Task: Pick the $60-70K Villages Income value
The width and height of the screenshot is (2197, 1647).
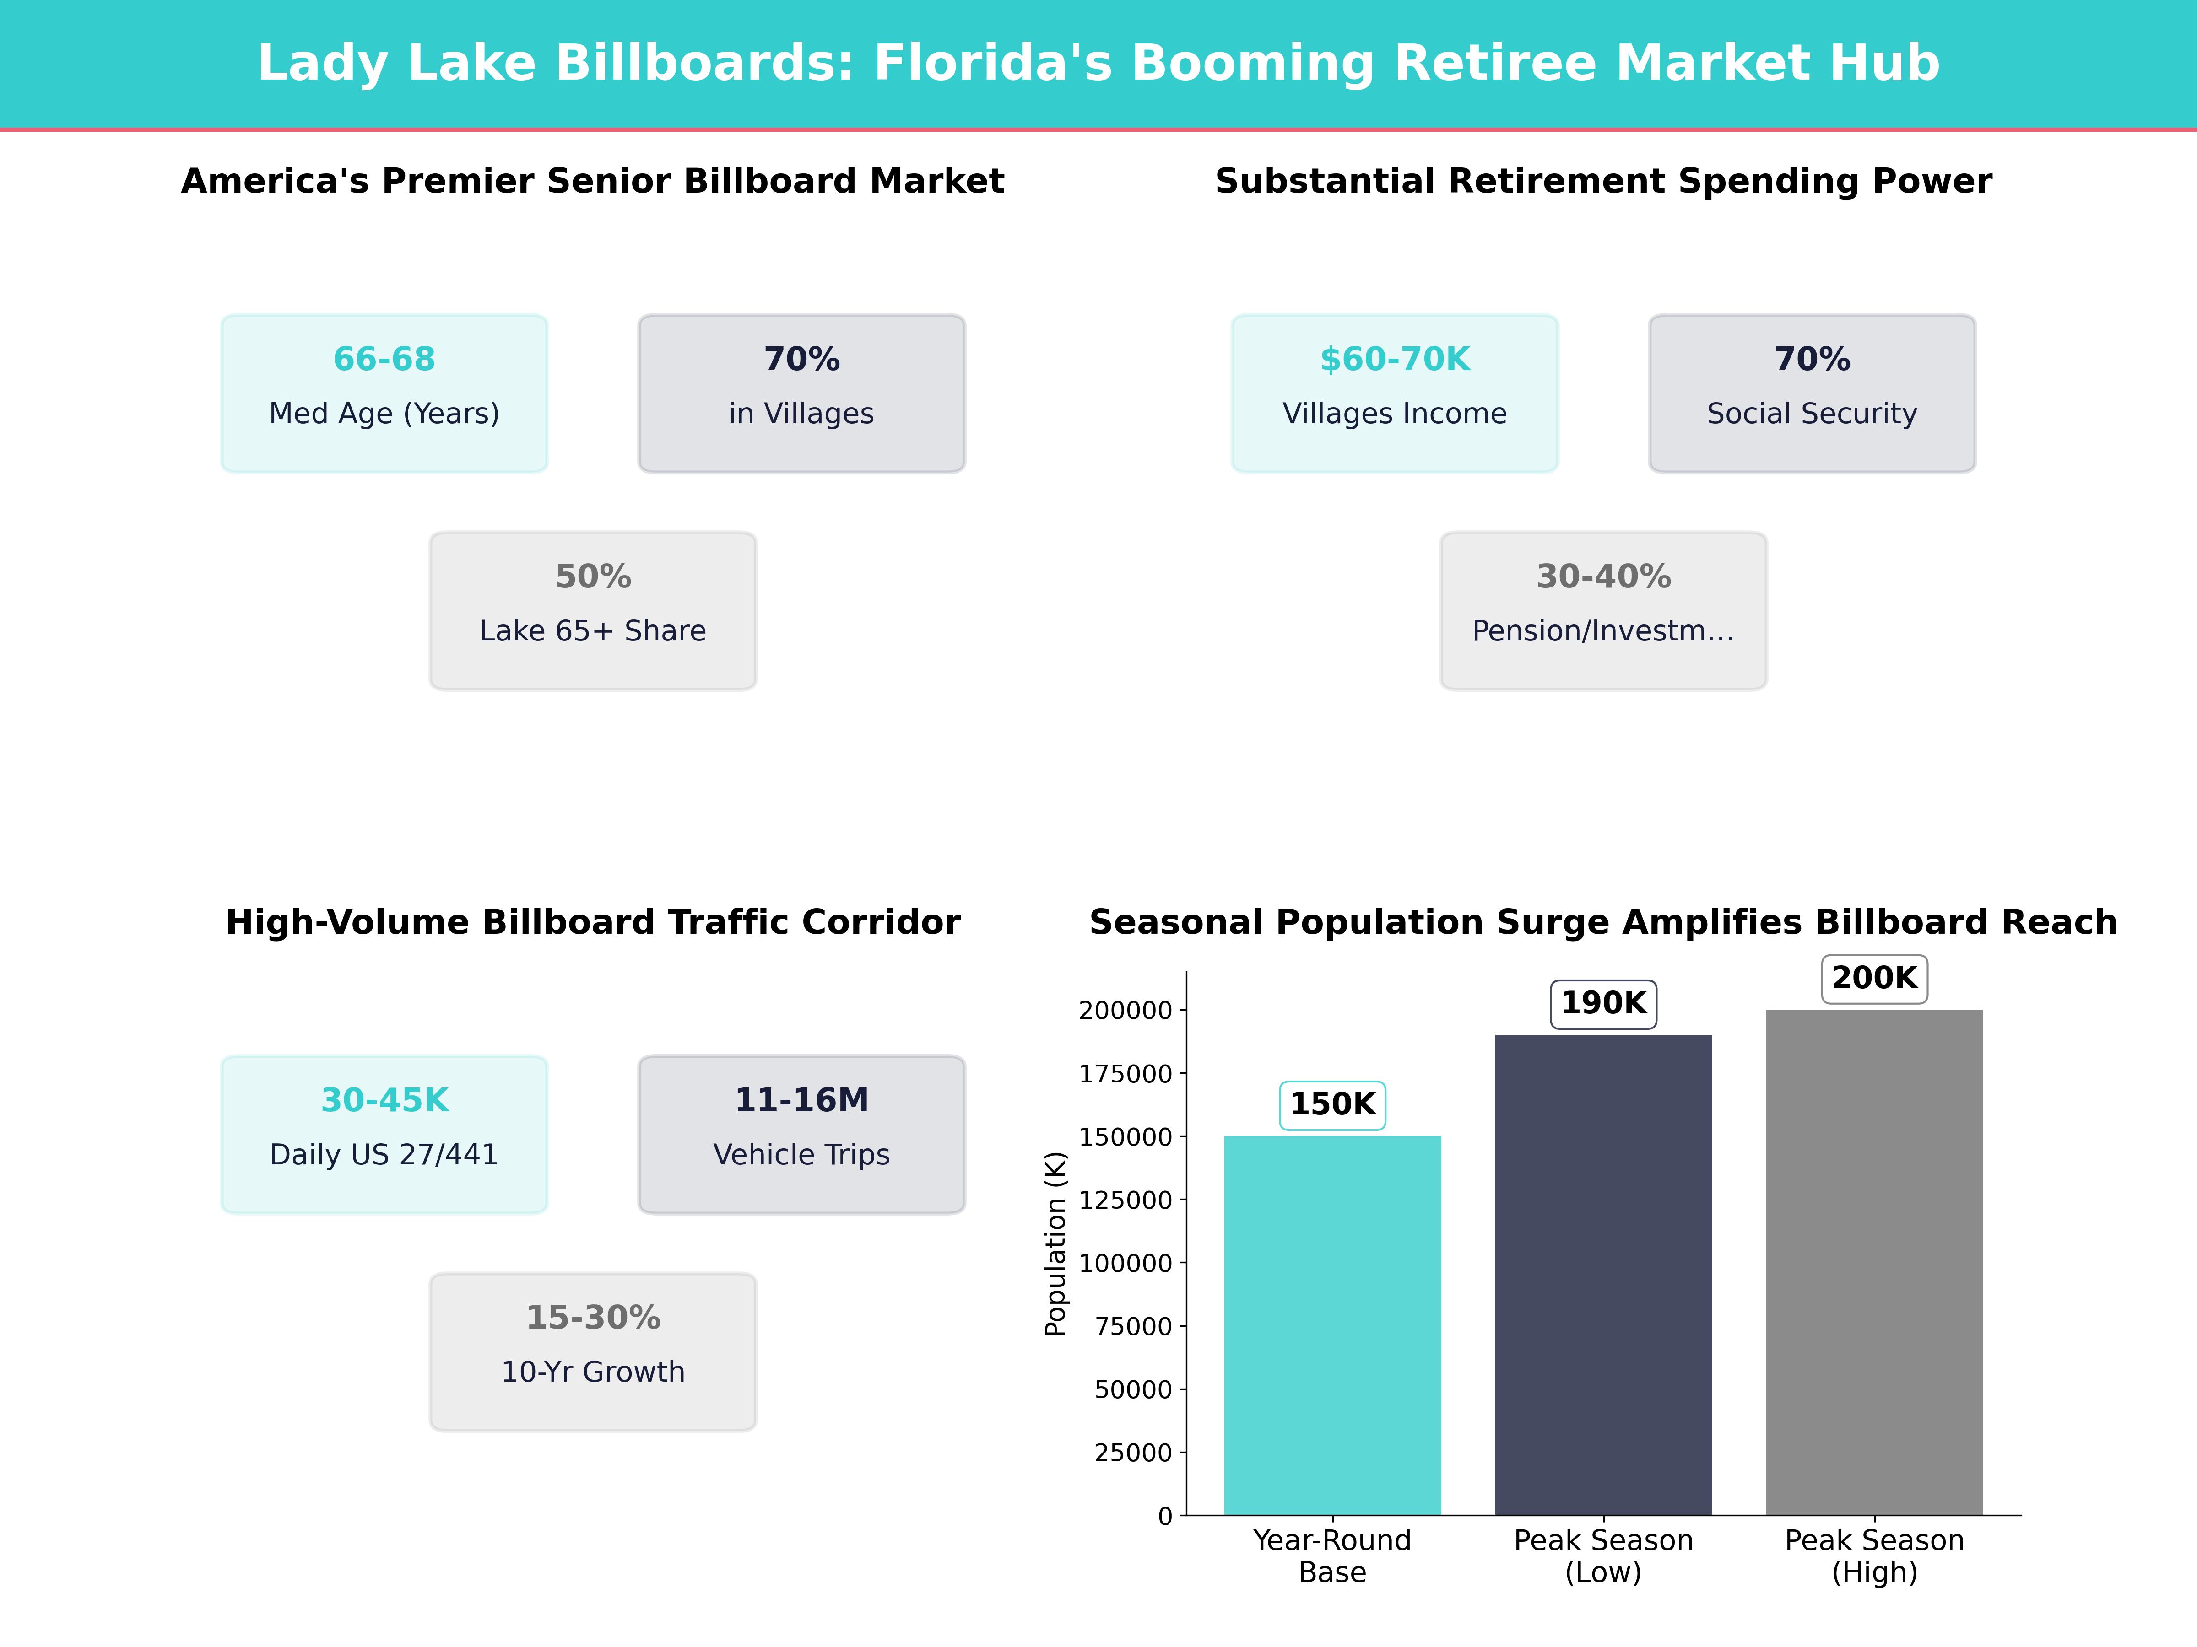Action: tap(1395, 360)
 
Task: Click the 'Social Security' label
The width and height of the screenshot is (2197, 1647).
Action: tap(1812, 414)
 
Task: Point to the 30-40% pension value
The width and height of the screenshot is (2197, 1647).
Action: tap(1603, 577)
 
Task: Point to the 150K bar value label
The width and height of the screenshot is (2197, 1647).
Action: tap(1332, 1104)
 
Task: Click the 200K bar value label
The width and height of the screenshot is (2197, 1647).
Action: tap(1874, 978)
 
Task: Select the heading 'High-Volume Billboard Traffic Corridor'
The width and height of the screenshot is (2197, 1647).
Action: tap(593, 922)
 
